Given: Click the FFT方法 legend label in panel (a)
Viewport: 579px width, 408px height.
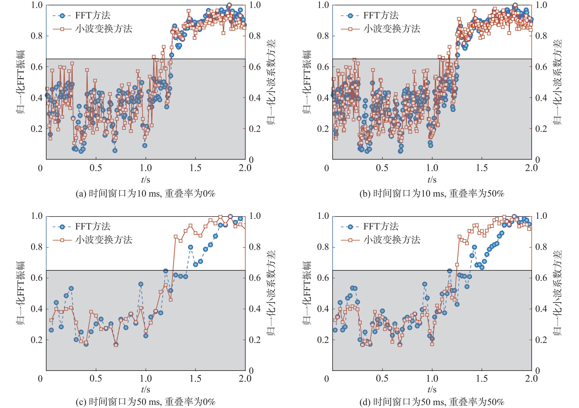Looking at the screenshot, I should (x=93, y=15).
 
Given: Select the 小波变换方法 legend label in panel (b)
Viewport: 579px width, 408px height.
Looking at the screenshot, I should (x=392, y=29).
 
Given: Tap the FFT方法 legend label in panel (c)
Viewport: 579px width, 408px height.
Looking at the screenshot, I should (x=93, y=226).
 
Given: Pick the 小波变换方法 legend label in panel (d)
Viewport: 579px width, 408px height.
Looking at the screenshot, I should (x=392, y=240).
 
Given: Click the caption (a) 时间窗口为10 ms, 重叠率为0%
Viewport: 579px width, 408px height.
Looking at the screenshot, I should (x=146, y=194).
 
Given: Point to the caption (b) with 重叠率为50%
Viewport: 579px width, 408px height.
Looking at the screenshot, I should (x=432, y=194).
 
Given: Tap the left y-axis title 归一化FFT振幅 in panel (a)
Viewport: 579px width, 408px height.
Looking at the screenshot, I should (x=21, y=82).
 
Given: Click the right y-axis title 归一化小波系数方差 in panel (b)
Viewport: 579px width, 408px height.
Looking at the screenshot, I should (x=557, y=82).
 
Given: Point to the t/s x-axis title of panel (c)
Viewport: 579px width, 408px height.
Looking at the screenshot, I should (x=146, y=389).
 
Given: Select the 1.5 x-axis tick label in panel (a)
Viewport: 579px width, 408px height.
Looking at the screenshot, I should (x=195, y=168).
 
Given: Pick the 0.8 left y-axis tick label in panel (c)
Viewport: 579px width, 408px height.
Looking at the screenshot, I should (x=37, y=247).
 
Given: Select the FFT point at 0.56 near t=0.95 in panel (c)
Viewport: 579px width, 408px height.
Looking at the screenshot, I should (x=141, y=284).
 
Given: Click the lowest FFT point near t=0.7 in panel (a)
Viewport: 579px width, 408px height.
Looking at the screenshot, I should (x=115, y=151).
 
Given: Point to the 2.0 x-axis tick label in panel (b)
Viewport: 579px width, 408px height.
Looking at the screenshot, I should (x=531, y=168).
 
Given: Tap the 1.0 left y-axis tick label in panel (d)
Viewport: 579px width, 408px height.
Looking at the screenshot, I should (x=323, y=216).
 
